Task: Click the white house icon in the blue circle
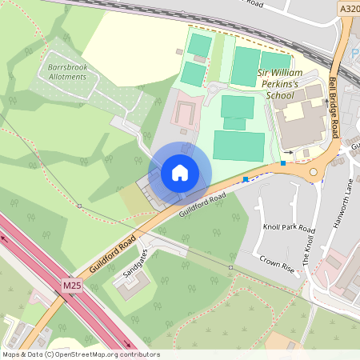pyautogui.click(x=180, y=172)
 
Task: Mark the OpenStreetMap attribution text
pyautogui.click(x=81, y=354)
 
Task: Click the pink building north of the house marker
pyautogui.click(x=186, y=112)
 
